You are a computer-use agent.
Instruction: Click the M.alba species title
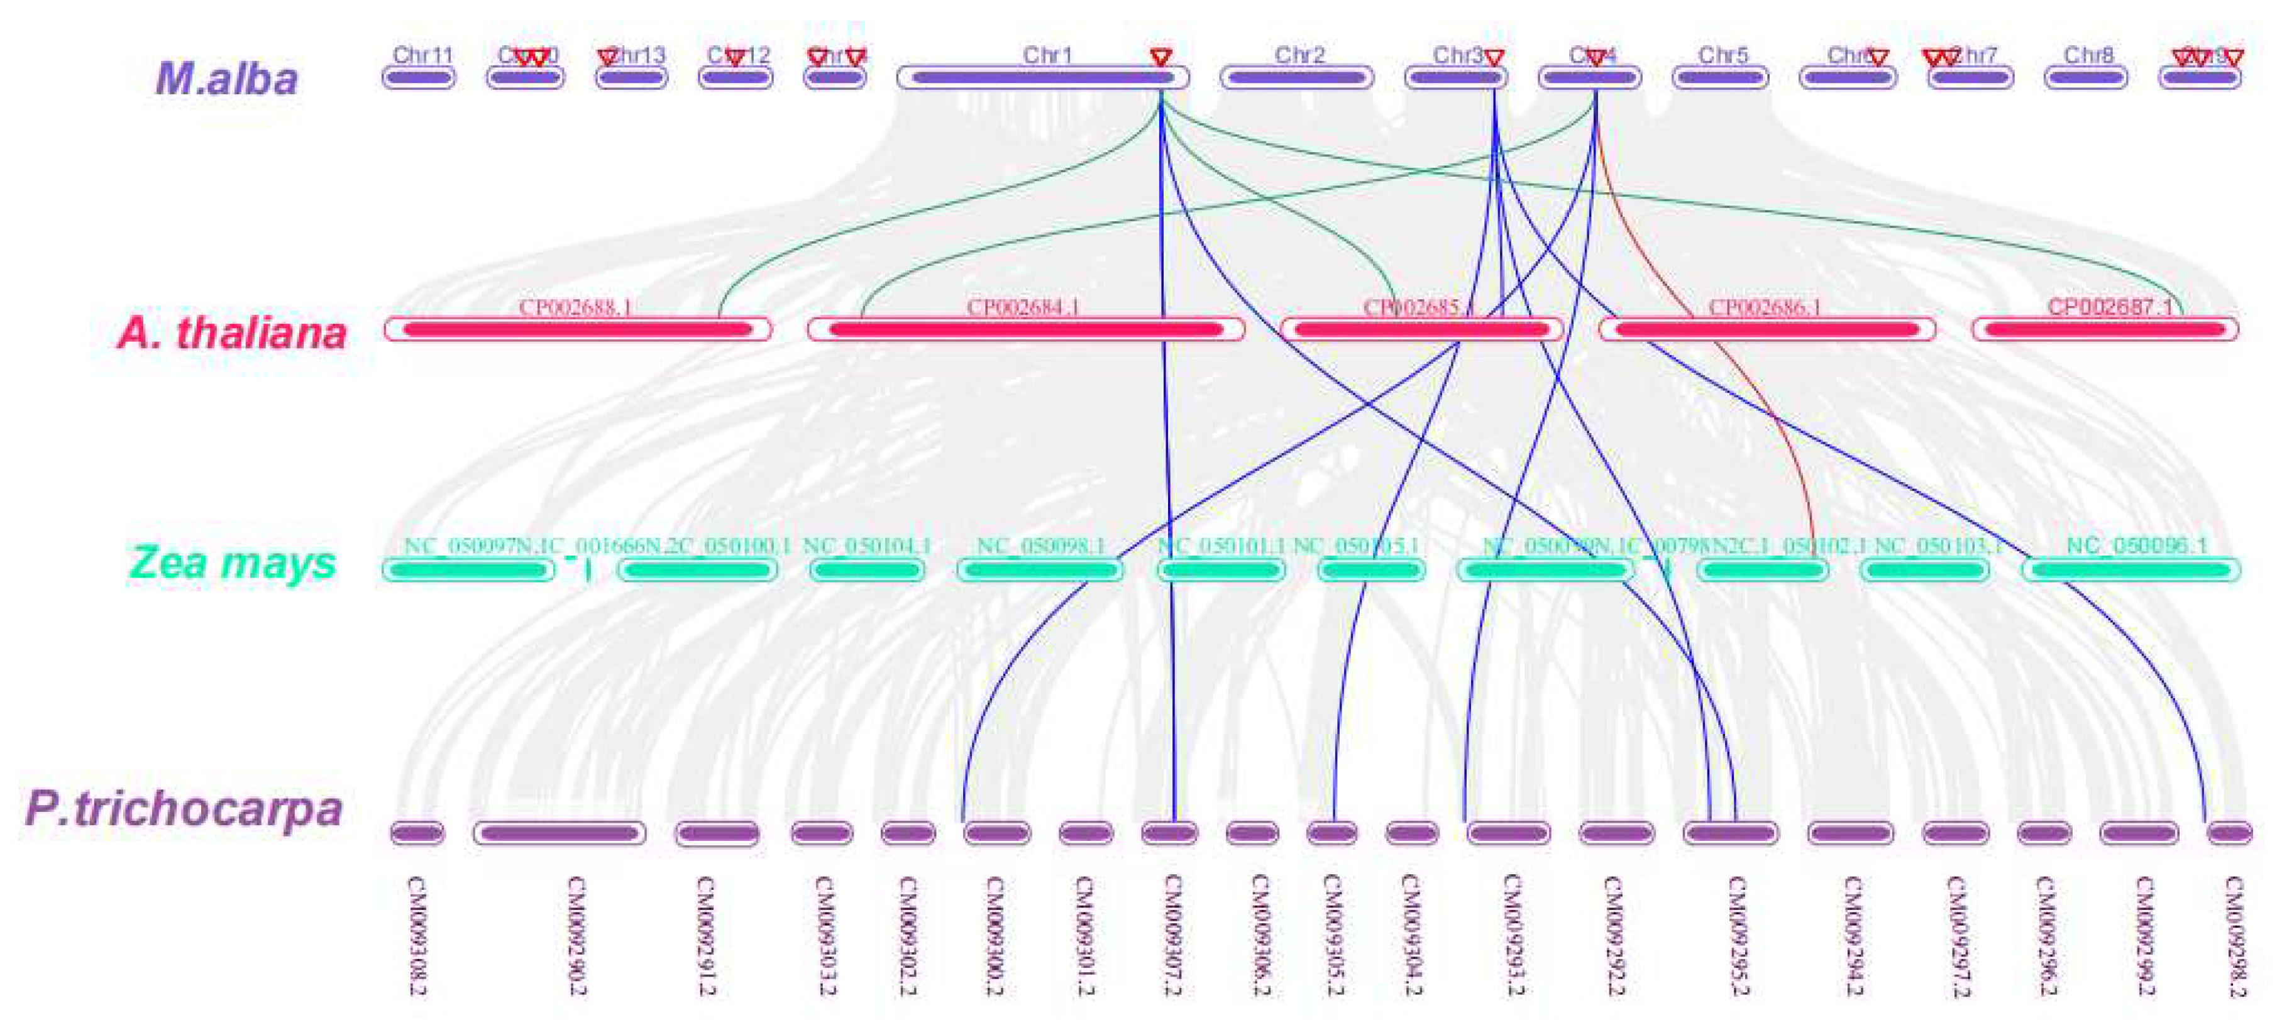[227, 79]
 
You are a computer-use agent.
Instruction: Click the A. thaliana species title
[231, 333]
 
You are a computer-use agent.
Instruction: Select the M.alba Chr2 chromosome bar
[1297, 78]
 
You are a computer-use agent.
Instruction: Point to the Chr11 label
[422, 55]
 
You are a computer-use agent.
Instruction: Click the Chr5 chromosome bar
[1721, 78]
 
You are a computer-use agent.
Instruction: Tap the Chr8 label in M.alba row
[2088, 55]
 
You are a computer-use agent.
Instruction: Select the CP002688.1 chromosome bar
[578, 329]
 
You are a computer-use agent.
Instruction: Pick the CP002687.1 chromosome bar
[2105, 329]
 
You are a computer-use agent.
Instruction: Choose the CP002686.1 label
[1765, 307]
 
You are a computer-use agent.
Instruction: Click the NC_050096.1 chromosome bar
[2130, 570]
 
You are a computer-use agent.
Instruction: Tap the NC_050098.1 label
[1041, 546]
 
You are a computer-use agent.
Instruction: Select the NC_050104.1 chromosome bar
[868, 570]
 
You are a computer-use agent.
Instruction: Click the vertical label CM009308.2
[416, 935]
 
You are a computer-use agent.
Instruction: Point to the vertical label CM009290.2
[576, 935]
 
